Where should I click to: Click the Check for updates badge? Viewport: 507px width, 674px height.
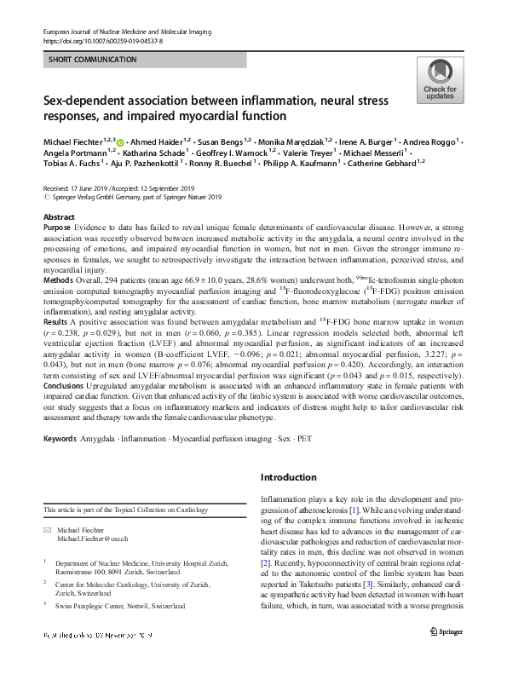(439, 80)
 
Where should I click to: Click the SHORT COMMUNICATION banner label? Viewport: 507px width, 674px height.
(89, 60)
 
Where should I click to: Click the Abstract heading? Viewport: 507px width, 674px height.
(58, 218)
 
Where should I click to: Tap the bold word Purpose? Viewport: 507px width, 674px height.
(60, 230)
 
